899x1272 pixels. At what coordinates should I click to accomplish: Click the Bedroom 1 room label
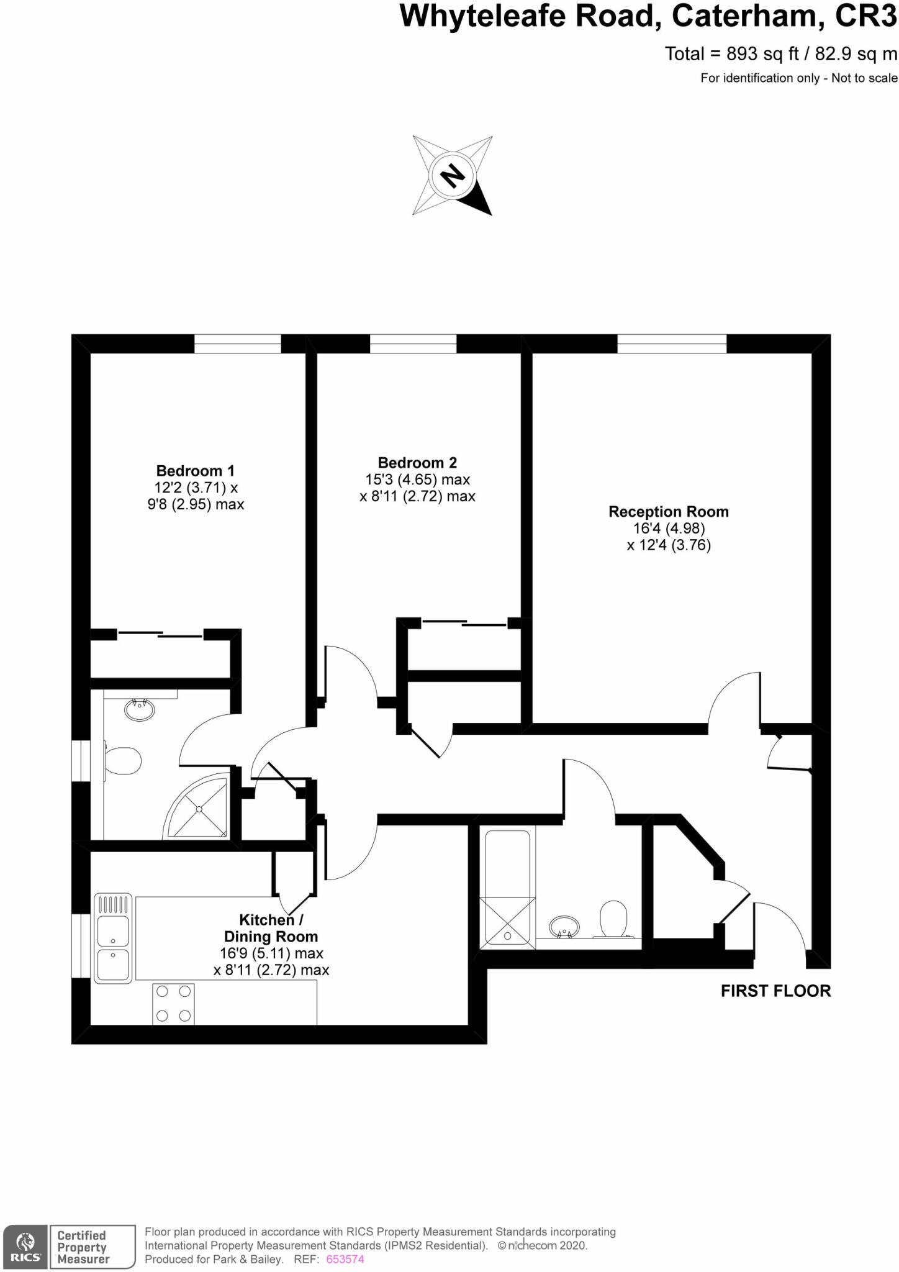pyautogui.click(x=195, y=471)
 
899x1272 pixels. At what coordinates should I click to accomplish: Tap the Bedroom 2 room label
pyautogui.click(x=417, y=463)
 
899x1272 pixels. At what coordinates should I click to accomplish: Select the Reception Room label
pyautogui.click(x=668, y=512)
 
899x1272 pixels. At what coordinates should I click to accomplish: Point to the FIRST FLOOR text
pyautogui.click(x=775, y=991)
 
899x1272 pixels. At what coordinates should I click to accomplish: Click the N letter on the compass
pyautogui.click(x=453, y=176)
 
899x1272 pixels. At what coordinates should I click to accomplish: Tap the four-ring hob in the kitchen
pyautogui.click(x=173, y=1004)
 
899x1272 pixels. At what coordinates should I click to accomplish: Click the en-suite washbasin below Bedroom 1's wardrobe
pyautogui.click(x=140, y=709)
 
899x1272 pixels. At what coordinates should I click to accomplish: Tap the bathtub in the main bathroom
pyautogui.click(x=507, y=889)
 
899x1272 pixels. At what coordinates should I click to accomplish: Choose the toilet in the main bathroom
pyautogui.click(x=613, y=919)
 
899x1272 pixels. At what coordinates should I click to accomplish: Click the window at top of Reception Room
pyautogui.click(x=672, y=343)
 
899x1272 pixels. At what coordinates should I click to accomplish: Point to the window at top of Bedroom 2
pyautogui.click(x=413, y=343)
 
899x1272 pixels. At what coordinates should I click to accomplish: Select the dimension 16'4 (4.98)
pyautogui.click(x=668, y=529)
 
